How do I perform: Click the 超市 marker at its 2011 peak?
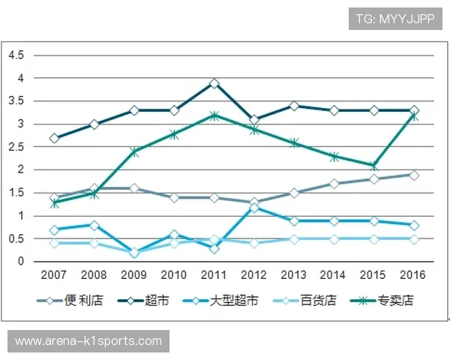214,83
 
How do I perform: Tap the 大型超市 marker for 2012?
253,207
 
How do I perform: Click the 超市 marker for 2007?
55,138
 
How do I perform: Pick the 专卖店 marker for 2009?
134,151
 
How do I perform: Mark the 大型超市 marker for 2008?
94,225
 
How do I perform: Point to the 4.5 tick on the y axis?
16,55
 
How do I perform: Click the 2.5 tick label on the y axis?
16,147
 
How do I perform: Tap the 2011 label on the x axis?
214,275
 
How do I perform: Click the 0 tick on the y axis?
22,262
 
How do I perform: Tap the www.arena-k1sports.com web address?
88,341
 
